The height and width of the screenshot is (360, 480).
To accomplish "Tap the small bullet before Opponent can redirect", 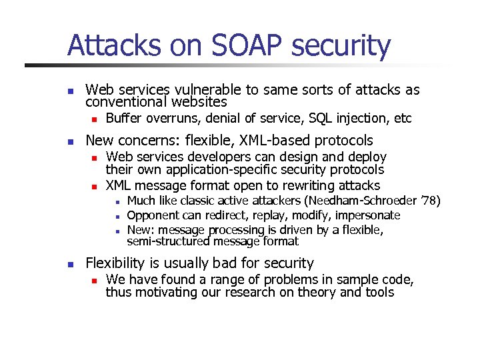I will (x=116, y=216).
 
